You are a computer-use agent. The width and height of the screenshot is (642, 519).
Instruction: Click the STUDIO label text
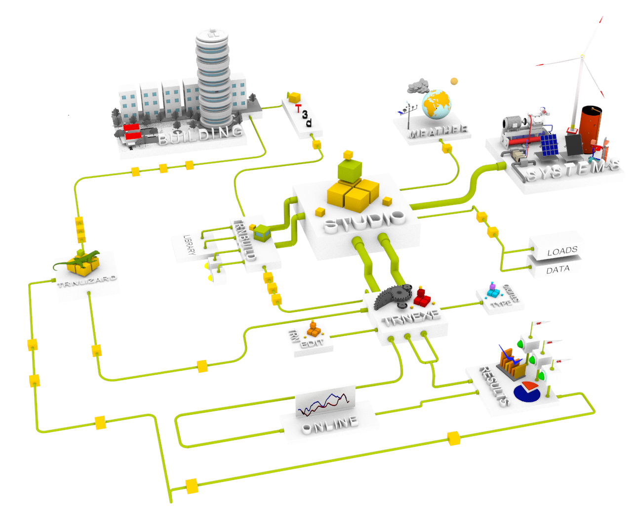click(x=364, y=221)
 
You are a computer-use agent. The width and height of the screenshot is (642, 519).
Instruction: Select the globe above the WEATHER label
click(x=437, y=104)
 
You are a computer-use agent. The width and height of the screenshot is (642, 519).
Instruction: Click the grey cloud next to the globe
click(x=418, y=86)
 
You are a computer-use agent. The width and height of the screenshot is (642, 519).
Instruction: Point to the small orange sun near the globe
click(x=454, y=81)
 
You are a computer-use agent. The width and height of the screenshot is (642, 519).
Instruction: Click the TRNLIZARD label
click(x=87, y=281)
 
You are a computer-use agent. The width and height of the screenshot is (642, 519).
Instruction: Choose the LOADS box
click(x=562, y=251)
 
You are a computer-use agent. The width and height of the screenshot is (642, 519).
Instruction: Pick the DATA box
click(x=558, y=269)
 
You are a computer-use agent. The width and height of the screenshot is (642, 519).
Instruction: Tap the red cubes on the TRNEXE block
click(x=422, y=297)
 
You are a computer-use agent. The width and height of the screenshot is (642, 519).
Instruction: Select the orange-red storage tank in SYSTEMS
click(x=591, y=129)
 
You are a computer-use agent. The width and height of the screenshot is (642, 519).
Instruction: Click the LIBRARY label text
click(x=189, y=245)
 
